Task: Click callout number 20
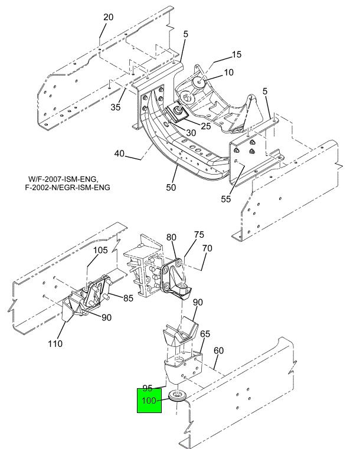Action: (x=109, y=17)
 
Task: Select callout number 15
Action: (x=236, y=54)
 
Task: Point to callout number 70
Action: (x=207, y=248)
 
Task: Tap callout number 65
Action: (x=205, y=334)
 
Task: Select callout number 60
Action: (x=218, y=350)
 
